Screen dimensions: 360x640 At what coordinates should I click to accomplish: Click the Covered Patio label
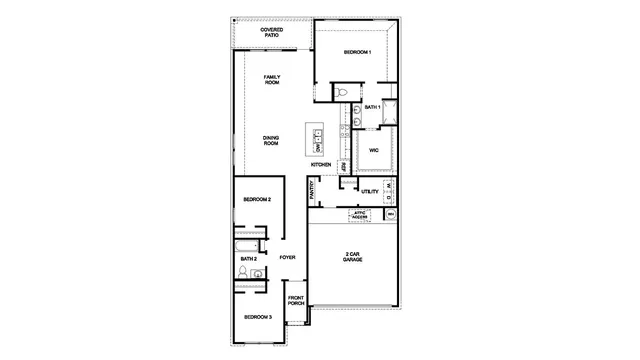(x=271, y=32)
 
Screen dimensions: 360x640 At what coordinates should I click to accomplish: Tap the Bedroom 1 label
(x=358, y=52)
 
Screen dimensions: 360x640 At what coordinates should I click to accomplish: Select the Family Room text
(x=271, y=80)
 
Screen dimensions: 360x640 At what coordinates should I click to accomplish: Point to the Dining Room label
(x=271, y=141)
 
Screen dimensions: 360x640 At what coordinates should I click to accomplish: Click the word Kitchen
(x=321, y=164)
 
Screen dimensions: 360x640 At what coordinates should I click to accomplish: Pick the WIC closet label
(x=373, y=150)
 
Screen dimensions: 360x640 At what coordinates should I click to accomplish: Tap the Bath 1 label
(x=372, y=107)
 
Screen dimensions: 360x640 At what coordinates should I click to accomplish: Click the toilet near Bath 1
(x=342, y=93)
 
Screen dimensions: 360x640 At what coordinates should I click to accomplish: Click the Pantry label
(x=313, y=190)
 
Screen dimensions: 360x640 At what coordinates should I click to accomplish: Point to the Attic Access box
(x=360, y=214)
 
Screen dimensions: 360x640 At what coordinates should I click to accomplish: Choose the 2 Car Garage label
(x=353, y=256)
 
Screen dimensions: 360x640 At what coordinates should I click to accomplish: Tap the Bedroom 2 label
(x=258, y=199)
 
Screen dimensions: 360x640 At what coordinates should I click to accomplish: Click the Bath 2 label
(x=248, y=259)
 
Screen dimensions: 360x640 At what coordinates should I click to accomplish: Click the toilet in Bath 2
(x=242, y=273)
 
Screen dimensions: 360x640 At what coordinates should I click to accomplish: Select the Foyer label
(x=288, y=258)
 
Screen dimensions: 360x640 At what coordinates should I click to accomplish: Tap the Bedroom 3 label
(x=258, y=317)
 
